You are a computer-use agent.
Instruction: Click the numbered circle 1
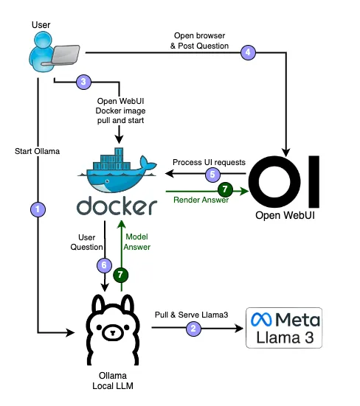pyautogui.click(x=38, y=209)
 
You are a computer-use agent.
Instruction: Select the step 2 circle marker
pyautogui.click(x=193, y=329)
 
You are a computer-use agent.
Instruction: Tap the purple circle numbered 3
pyautogui.click(x=83, y=82)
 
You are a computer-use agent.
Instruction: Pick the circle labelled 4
pyautogui.click(x=248, y=52)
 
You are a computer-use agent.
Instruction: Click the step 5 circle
pyautogui.click(x=212, y=175)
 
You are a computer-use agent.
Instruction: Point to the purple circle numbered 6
pyautogui.click(x=104, y=265)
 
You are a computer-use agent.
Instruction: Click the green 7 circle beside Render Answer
pyautogui.click(x=225, y=189)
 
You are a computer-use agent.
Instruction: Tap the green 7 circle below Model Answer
pyautogui.click(x=120, y=275)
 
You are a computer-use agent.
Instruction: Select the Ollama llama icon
pyautogui.click(x=113, y=329)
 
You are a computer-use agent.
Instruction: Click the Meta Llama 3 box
pyautogui.click(x=284, y=328)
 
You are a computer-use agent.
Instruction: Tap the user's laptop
pyautogui.click(x=66, y=54)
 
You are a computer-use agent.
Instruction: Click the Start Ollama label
pyautogui.click(x=38, y=151)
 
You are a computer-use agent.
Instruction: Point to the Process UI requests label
pyautogui.click(x=209, y=162)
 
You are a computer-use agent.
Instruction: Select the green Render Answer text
pyautogui.click(x=201, y=200)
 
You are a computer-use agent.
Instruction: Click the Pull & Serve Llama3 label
pyautogui.click(x=191, y=315)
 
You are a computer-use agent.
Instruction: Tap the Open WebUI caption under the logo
pyautogui.click(x=285, y=215)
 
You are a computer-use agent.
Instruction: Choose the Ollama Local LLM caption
pyautogui.click(x=113, y=381)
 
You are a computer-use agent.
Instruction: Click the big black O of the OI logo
pyautogui.click(x=274, y=182)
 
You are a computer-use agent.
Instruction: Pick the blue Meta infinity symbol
pyautogui.click(x=261, y=320)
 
